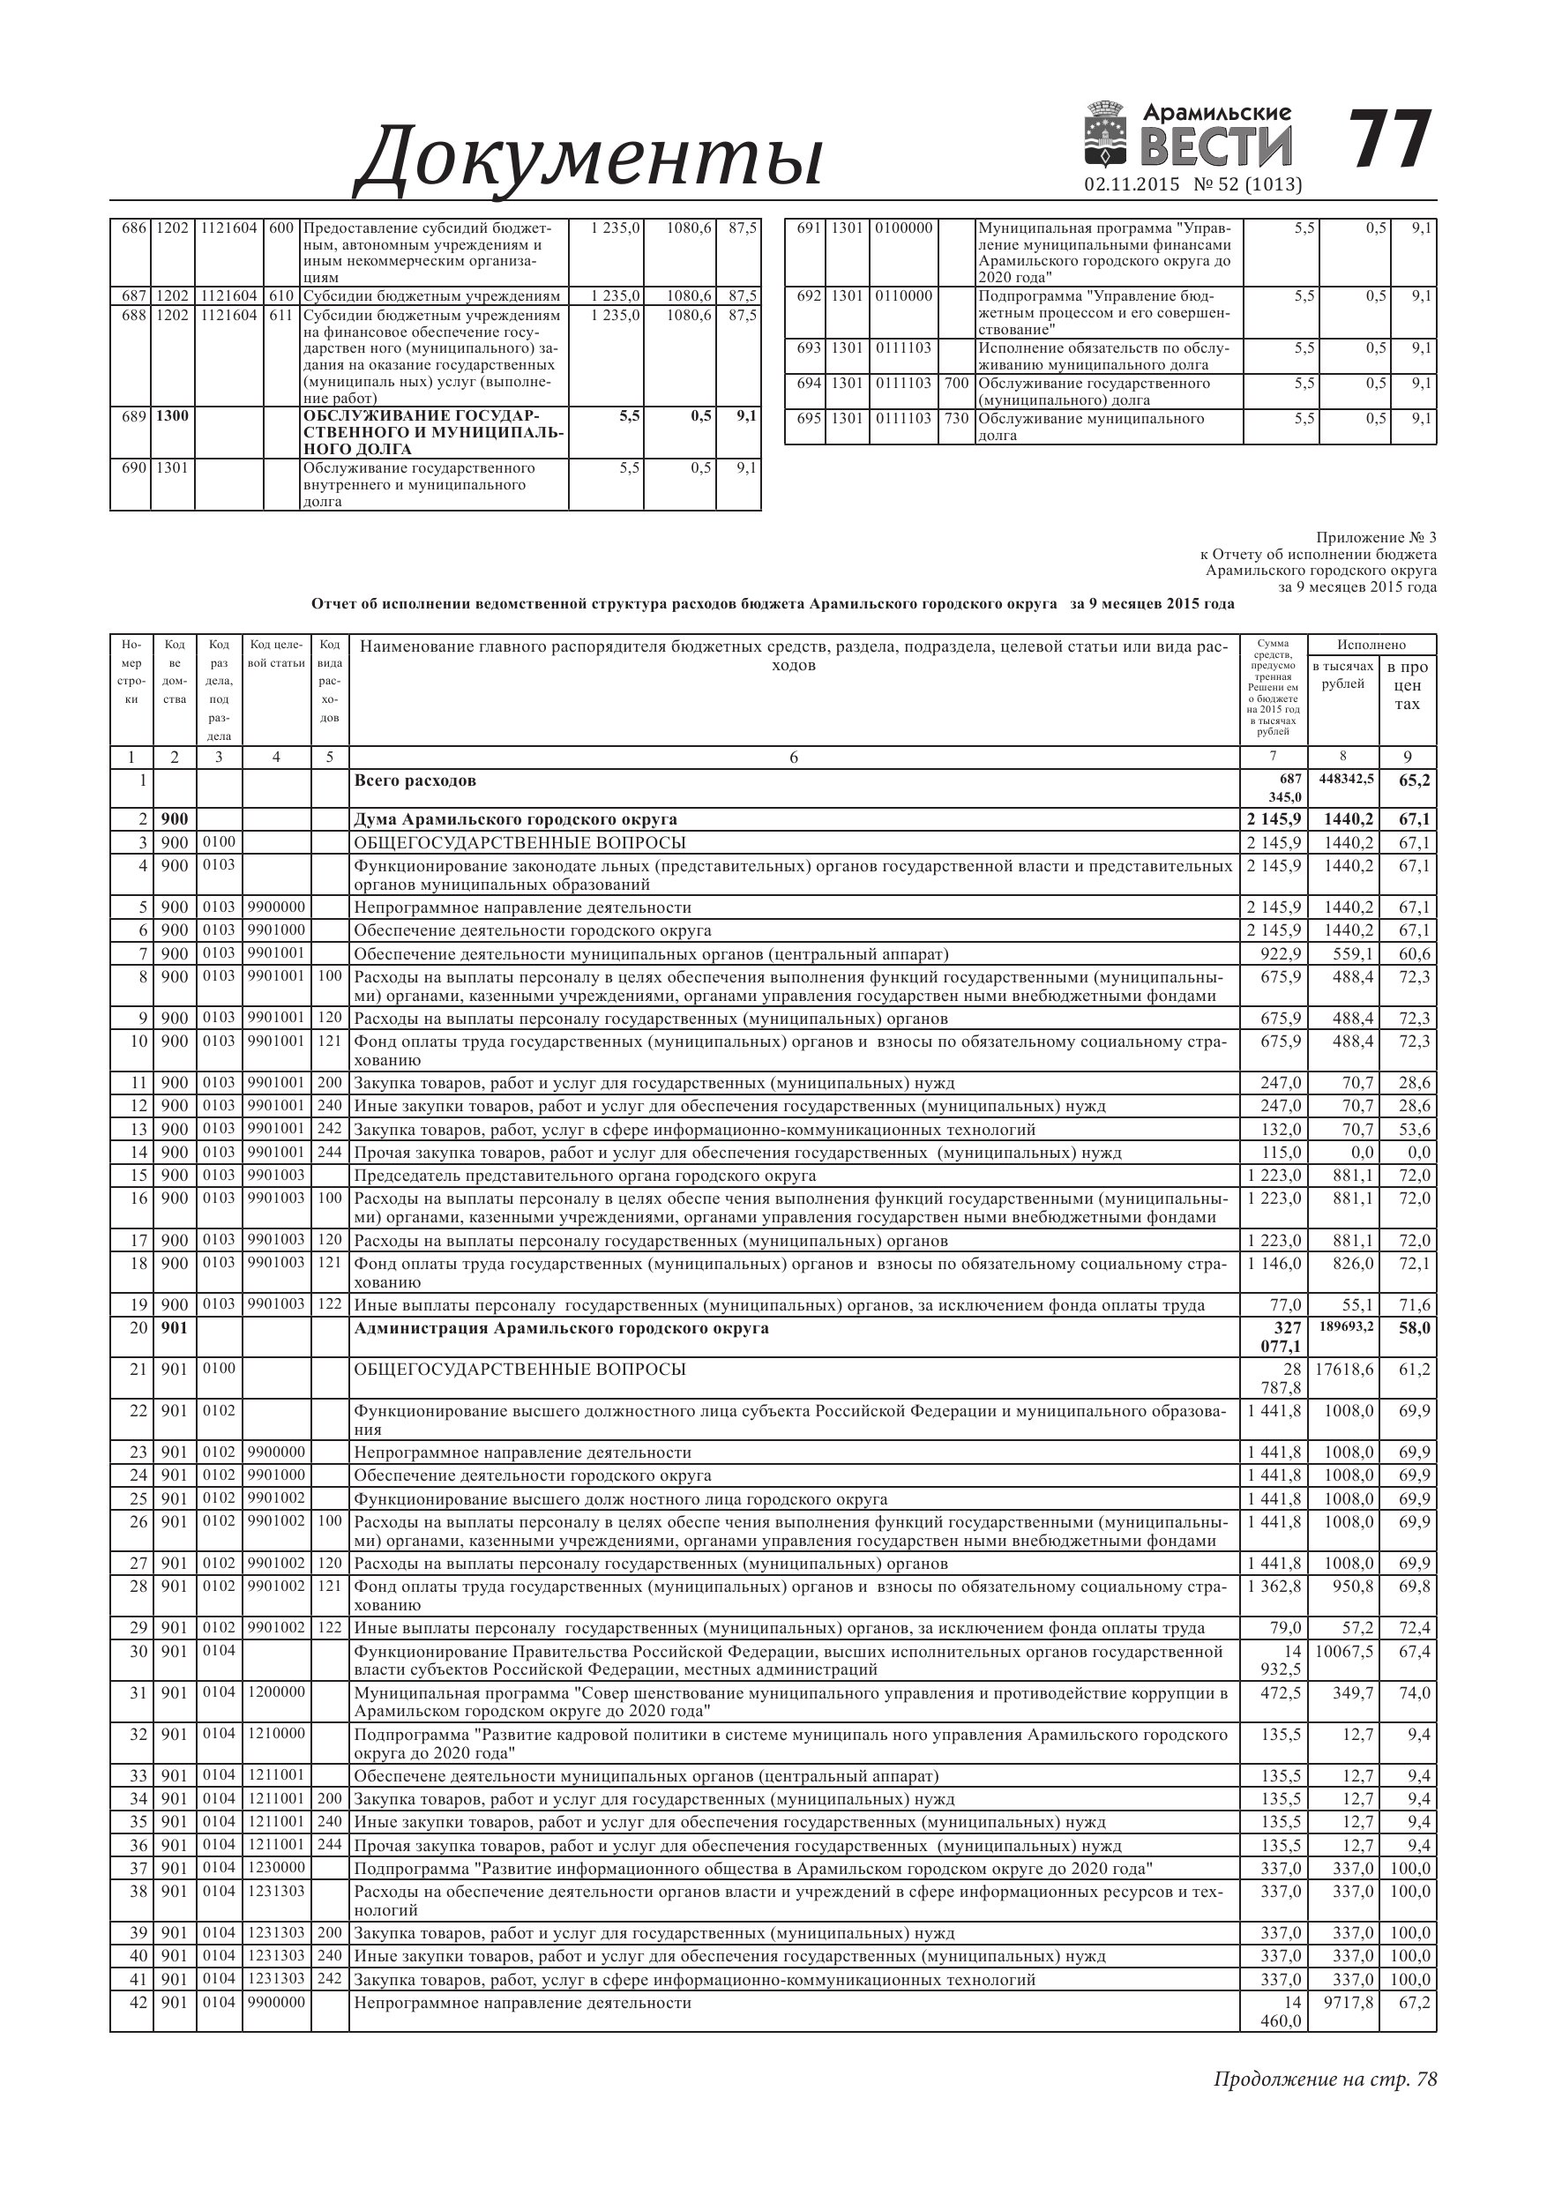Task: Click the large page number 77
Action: (x=1391, y=140)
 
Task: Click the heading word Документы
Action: (x=588, y=155)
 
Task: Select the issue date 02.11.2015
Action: (x=1132, y=185)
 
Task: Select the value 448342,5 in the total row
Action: (x=1345, y=780)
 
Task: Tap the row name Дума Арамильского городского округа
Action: (x=516, y=819)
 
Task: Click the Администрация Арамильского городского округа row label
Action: (x=560, y=1328)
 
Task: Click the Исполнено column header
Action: (x=1371, y=646)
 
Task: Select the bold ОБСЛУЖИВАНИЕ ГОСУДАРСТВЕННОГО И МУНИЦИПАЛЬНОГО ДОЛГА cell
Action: (x=434, y=434)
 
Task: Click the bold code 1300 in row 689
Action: (x=173, y=416)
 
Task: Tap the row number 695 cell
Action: (x=808, y=419)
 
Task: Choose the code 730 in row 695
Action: (x=956, y=419)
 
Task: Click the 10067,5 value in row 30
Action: (x=1345, y=1652)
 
